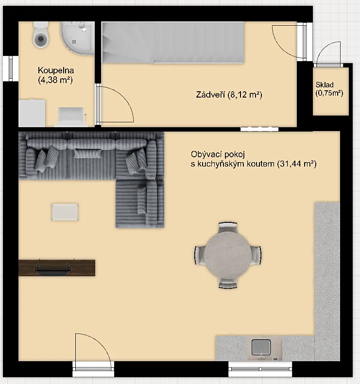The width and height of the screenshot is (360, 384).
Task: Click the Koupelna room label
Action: coord(56,70)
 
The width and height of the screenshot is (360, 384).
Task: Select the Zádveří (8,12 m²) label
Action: coord(229,95)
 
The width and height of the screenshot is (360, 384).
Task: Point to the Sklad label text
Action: coord(325,85)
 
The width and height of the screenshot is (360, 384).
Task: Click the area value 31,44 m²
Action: coord(297,164)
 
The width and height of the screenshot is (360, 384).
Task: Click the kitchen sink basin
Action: coord(261,347)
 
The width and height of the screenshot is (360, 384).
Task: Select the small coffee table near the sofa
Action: coord(65,212)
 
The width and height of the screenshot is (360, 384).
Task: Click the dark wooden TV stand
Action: coord(57,267)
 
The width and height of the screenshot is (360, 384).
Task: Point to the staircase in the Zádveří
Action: coord(173,43)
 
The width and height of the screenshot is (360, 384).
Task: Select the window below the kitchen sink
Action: coord(260,369)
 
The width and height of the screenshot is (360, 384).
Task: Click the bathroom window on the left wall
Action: coord(11,68)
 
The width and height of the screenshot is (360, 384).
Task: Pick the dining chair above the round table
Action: coord(228,227)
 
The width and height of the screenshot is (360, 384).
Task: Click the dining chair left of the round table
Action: coord(200,255)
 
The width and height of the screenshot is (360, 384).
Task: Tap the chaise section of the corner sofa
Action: coord(140,204)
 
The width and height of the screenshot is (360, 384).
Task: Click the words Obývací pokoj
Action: coord(218,154)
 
